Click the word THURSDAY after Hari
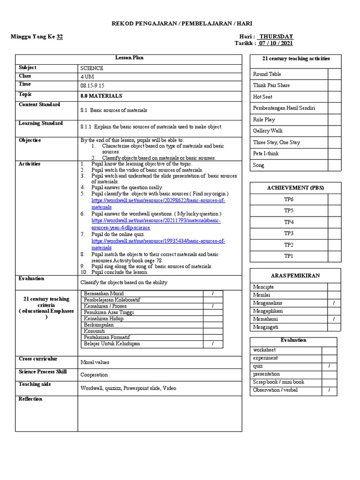(277, 37)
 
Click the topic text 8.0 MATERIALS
(101, 96)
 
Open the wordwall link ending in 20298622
(158, 201)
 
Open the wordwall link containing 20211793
(156, 220)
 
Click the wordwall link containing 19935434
(158, 241)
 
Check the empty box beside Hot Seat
(334, 97)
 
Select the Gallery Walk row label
(268, 131)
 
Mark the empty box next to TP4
(334, 222)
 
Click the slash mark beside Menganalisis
(334, 303)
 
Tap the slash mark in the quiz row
(329, 366)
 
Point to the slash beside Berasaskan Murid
(213, 293)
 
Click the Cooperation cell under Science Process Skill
(94, 375)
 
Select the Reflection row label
(30, 399)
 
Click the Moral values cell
(95, 362)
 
